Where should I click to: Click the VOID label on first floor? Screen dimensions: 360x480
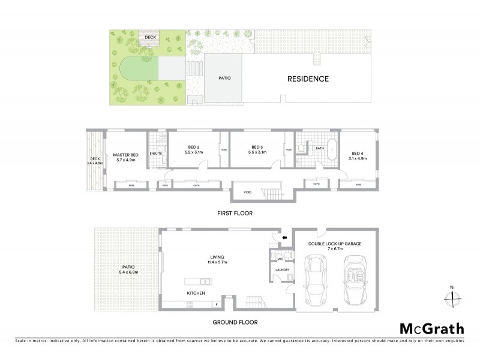(x=247, y=193)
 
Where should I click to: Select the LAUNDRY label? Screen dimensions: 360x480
(x=283, y=269)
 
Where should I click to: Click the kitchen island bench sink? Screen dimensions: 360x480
(x=205, y=281)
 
